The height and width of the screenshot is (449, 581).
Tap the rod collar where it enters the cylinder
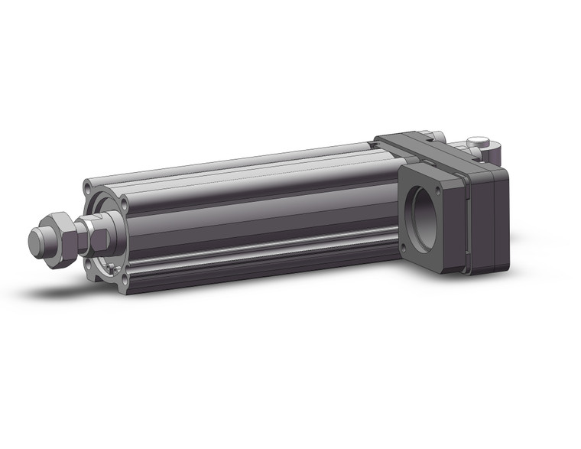[105, 229]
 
